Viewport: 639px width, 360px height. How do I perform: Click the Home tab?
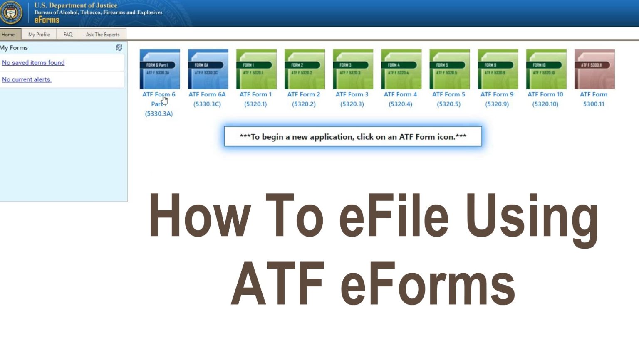tap(8, 35)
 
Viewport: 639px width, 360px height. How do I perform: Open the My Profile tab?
tap(39, 35)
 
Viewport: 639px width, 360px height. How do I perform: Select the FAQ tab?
tap(68, 35)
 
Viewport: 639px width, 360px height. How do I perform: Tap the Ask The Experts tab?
tap(102, 35)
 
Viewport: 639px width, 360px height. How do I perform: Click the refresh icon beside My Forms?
tap(119, 48)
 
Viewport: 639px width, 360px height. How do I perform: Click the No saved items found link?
tap(33, 63)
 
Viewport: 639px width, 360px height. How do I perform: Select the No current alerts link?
tap(27, 79)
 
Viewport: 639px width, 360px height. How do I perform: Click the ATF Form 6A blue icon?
tap(208, 69)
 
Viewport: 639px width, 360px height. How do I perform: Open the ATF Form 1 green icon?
tap(256, 69)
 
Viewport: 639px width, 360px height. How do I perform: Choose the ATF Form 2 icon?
tap(305, 69)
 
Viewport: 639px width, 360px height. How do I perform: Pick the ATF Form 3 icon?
tap(353, 69)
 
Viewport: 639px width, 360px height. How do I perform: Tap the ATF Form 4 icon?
tap(401, 69)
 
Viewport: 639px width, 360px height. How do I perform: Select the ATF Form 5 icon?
tap(449, 69)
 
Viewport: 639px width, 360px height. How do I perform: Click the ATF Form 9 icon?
tap(498, 69)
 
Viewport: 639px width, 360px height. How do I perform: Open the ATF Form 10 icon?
tap(546, 69)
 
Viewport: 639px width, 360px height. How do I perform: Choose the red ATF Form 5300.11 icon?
tap(594, 69)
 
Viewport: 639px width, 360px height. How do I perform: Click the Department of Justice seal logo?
tap(11, 12)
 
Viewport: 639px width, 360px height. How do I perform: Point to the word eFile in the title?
tap(394, 216)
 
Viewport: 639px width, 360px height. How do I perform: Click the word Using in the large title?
tap(532, 218)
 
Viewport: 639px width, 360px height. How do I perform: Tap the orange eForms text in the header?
tap(47, 20)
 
